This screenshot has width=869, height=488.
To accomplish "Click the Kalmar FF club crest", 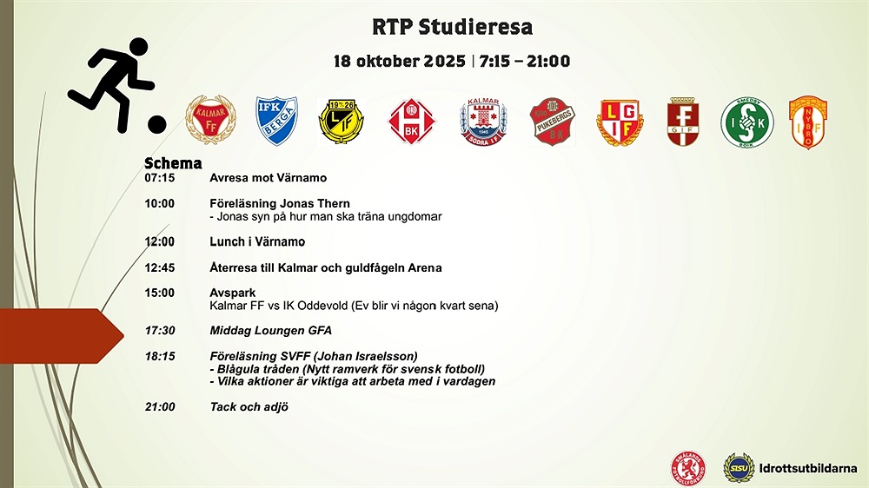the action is click(x=210, y=120).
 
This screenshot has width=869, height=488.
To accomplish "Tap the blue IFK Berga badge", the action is click(x=276, y=121).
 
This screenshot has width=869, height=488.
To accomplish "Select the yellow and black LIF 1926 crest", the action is click(x=342, y=121).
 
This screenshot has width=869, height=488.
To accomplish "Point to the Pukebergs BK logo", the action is click(x=552, y=122).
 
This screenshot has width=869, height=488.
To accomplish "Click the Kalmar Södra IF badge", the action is click(x=483, y=122).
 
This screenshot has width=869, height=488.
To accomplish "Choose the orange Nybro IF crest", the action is click(x=808, y=122).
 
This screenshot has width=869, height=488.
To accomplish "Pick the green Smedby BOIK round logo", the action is click(x=747, y=122).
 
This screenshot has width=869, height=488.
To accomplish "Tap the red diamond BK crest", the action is click(x=411, y=122).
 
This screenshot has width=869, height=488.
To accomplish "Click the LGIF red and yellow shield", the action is click(x=620, y=122).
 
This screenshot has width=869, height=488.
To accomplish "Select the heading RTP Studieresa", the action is click(x=452, y=27).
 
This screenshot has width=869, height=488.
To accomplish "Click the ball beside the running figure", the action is click(x=156, y=125).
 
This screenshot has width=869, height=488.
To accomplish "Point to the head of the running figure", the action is click(x=138, y=47).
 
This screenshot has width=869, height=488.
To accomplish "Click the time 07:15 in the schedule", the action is click(x=160, y=178).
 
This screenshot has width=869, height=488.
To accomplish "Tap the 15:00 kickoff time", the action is click(x=160, y=293).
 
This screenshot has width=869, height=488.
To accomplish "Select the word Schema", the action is click(x=173, y=163).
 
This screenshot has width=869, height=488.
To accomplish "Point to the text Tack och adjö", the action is click(x=249, y=406).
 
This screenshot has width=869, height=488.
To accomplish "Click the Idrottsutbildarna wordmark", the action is click(x=808, y=468).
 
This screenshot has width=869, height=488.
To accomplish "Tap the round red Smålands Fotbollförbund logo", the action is click(x=687, y=468).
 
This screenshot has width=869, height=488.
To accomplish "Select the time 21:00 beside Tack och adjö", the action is click(x=160, y=406).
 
